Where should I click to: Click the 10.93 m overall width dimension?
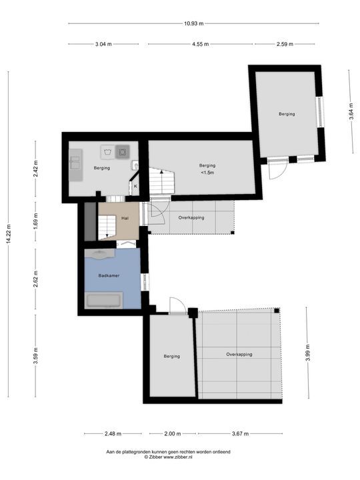pyautogui.click(x=193, y=23)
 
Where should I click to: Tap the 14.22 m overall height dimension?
pyautogui.click(x=8, y=234)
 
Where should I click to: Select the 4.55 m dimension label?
pyautogui.click(x=201, y=44)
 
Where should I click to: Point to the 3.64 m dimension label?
pyautogui.click(x=351, y=111)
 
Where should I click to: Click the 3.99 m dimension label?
pyautogui.click(x=308, y=353)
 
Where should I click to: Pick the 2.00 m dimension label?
pyautogui.click(x=173, y=433)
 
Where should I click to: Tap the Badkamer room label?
pyautogui.click(x=109, y=275)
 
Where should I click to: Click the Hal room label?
pyautogui.click(x=125, y=218)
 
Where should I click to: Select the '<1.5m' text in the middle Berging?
pyautogui.click(x=207, y=173)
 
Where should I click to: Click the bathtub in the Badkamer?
pyautogui.click(x=104, y=300)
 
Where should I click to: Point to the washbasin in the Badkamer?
pyautogui.click(x=100, y=254)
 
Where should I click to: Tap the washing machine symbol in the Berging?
pyautogui.click(x=108, y=152)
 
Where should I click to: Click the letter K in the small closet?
pyautogui.click(x=135, y=186)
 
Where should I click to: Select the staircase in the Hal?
pyautogui.click(x=107, y=227)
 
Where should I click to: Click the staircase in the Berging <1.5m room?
pyautogui.click(x=161, y=181)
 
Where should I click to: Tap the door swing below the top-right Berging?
pyautogui.click(x=277, y=170)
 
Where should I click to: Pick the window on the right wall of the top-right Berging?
pyautogui.click(x=320, y=112)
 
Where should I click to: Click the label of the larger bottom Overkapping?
pyautogui.click(x=239, y=354)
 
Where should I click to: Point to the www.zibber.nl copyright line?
pyautogui.click(x=169, y=457)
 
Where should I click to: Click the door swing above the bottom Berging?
pyautogui.click(x=177, y=305)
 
